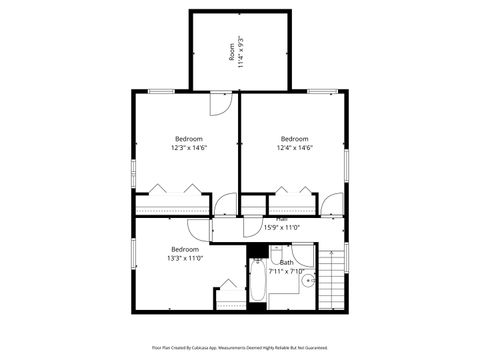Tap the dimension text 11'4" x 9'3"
[x=241, y=51]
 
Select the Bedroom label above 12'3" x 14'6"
[x=189, y=138]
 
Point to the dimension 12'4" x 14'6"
[x=294, y=148]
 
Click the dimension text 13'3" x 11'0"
[x=185, y=258]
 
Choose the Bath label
[x=286, y=262]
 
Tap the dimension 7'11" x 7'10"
[x=286, y=271]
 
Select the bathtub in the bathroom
[x=257, y=286]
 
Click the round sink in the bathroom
[x=309, y=282]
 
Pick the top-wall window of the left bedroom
[x=160, y=91]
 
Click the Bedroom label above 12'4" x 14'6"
[x=294, y=138]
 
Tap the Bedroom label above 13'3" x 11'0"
[x=185, y=249]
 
